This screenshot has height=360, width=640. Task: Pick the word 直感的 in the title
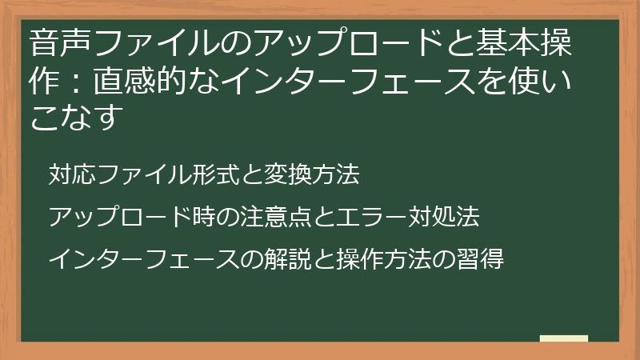tap(134, 81)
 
